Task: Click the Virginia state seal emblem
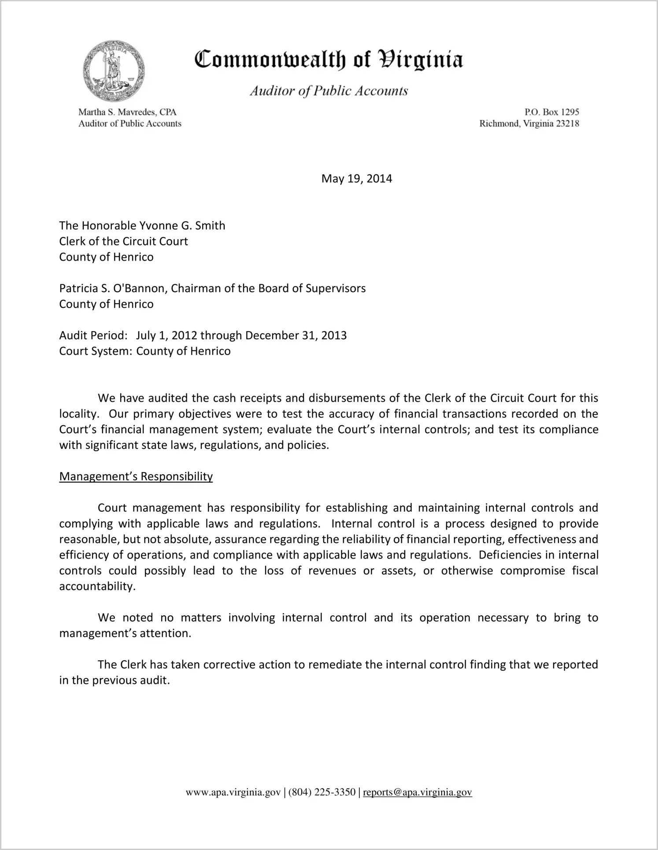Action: (114, 71)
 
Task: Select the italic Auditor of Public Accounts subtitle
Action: (329, 91)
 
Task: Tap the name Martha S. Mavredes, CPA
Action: (127, 112)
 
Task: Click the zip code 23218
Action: (567, 124)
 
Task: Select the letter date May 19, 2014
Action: (356, 179)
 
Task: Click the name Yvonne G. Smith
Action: (182, 226)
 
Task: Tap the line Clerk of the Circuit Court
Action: (123, 242)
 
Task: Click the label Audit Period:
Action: (93, 336)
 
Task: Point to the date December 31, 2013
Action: (296, 336)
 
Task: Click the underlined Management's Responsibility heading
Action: (136, 477)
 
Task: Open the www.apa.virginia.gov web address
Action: (233, 793)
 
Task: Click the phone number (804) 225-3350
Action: (322, 793)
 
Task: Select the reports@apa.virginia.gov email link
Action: (417, 793)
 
